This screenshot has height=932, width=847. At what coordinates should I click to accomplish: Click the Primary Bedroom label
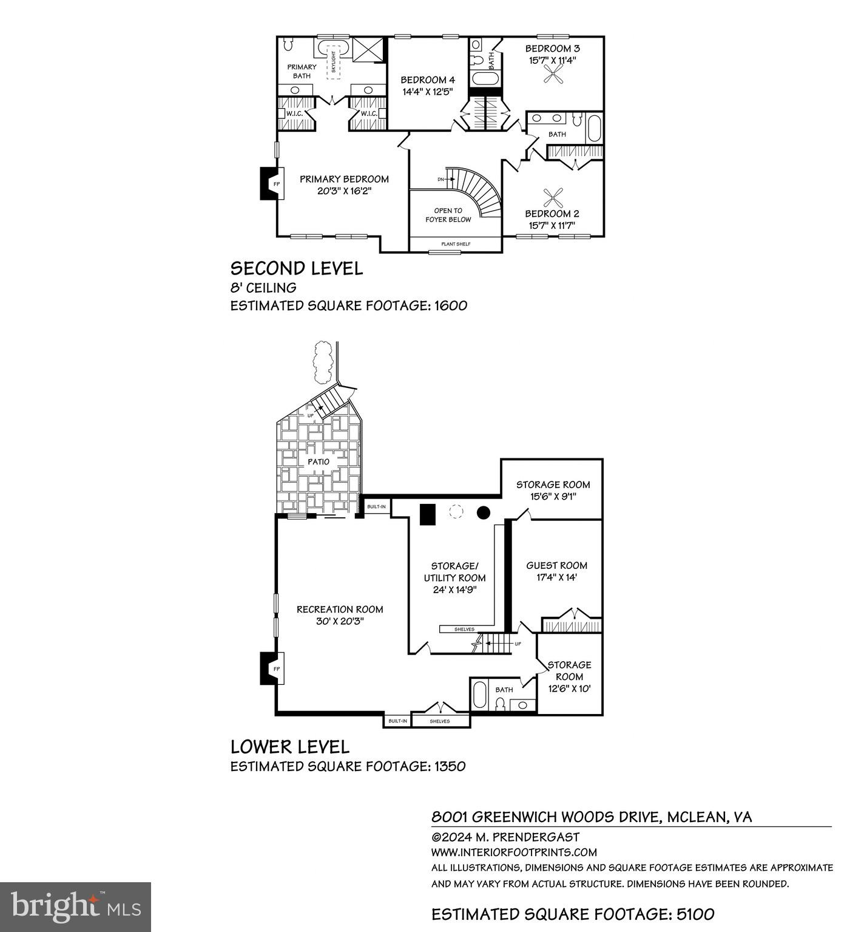tap(344, 179)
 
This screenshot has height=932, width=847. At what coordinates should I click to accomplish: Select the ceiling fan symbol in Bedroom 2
tap(553, 197)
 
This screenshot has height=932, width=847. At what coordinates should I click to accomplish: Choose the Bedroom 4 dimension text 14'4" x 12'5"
tap(427, 92)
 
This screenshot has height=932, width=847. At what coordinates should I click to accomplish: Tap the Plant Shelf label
tap(455, 244)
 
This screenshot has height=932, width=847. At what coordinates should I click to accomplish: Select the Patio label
tap(318, 462)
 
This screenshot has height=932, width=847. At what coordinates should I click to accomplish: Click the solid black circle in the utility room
tap(483, 512)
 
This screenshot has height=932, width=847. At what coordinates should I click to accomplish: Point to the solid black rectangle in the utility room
tap(428, 514)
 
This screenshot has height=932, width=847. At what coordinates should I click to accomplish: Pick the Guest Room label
tap(556, 565)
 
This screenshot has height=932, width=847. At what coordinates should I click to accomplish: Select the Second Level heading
tap(296, 268)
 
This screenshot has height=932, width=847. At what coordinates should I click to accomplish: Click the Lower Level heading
tap(289, 746)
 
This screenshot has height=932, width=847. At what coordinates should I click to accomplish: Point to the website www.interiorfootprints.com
tap(513, 852)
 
